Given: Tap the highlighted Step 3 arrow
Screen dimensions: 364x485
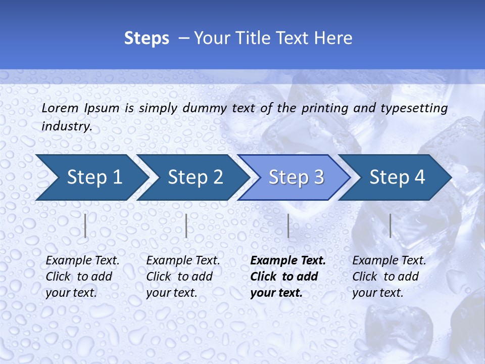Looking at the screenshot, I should (296, 177).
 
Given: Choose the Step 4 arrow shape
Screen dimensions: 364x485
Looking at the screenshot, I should (397, 177).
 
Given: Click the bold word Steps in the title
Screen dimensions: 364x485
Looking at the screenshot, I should (147, 38).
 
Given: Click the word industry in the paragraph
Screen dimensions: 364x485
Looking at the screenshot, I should (66, 126).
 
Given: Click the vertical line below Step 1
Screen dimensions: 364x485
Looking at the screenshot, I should (85, 225).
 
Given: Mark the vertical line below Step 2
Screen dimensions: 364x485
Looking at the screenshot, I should (186, 225).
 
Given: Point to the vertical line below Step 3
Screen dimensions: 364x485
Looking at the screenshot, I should (288, 225).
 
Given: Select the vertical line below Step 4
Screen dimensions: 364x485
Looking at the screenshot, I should (390, 225).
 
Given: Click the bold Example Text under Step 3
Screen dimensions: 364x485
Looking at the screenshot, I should (288, 261).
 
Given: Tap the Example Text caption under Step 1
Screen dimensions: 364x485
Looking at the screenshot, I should (83, 261).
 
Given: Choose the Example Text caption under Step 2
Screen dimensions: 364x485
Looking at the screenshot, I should (183, 261).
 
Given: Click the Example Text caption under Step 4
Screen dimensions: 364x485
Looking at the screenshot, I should (389, 261).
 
